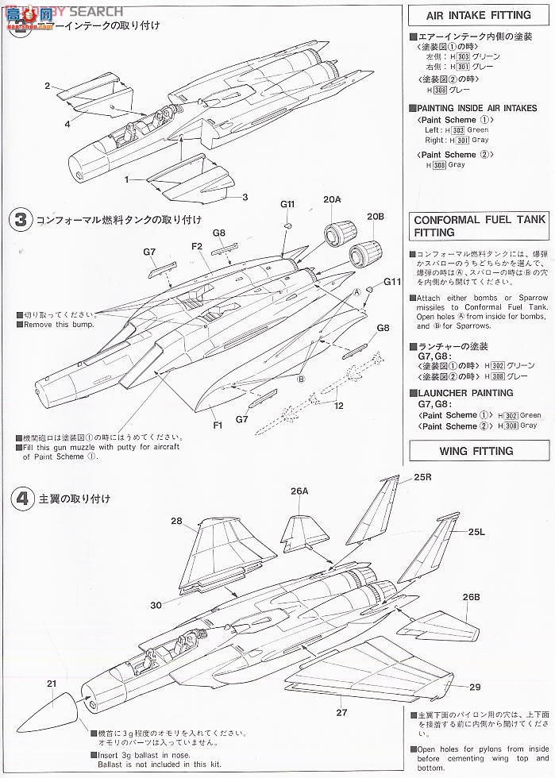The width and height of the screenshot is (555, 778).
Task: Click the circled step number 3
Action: (20, 220)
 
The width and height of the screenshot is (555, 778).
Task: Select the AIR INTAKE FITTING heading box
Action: (480, 16)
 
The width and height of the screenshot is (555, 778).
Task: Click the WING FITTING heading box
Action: (480, 451)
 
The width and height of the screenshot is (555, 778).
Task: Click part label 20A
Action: (332, 200)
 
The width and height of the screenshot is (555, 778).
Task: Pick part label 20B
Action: (375, 216)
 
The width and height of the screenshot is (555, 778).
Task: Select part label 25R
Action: (422, 478)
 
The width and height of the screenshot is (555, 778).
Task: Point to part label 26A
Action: (299, 491)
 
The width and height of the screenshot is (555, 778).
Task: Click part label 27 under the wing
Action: (341, 712)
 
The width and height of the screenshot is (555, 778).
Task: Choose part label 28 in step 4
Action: (175, 522)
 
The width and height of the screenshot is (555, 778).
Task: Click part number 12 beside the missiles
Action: (339, 406)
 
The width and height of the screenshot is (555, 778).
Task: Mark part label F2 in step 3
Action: (197, 246)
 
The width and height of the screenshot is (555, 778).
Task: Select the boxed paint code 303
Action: (456, 129)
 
